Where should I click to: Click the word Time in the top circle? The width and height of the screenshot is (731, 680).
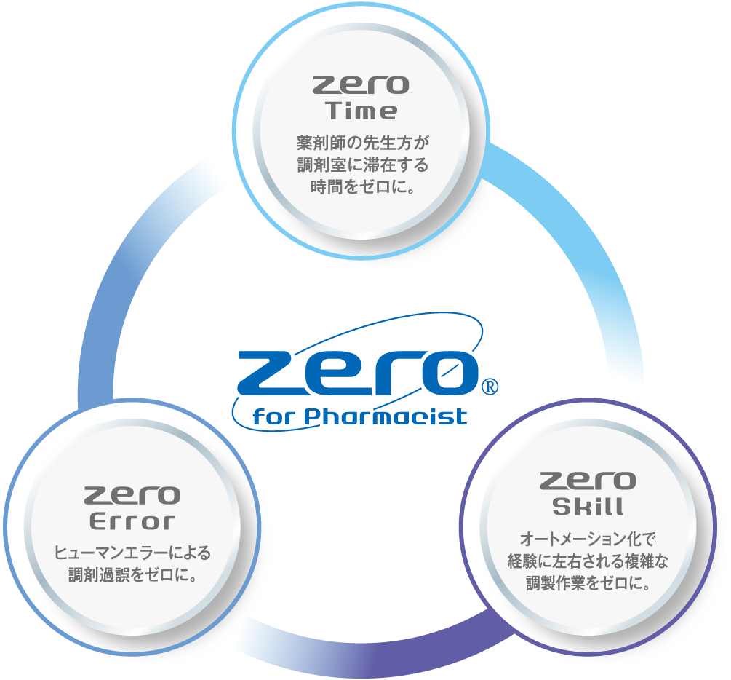361,111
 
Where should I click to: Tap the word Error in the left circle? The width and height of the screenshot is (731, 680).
132,521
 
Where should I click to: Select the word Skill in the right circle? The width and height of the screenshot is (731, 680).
588,507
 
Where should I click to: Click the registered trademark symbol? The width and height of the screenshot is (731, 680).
489,387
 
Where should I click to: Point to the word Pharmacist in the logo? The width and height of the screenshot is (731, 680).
386,416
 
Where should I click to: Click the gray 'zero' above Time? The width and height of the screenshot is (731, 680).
361,85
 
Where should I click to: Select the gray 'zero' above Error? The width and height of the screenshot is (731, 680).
132,495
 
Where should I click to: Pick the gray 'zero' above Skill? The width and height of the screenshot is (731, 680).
588,481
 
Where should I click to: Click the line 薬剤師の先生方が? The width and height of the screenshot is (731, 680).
363,143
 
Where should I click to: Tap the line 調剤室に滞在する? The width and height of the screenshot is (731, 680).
363,165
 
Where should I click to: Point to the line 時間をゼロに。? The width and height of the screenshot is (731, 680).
363,186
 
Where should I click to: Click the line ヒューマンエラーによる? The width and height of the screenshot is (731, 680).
132,553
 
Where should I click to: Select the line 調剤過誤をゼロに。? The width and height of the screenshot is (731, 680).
132,574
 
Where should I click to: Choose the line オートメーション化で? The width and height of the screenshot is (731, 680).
588,539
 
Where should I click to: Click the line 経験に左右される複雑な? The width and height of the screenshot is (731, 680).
588,561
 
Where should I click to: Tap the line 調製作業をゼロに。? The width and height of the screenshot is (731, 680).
588,583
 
